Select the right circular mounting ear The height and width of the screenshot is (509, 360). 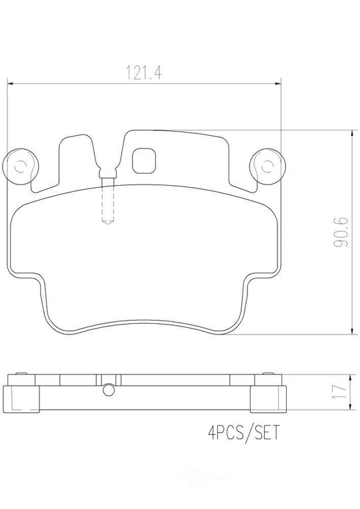[x=267, y=167]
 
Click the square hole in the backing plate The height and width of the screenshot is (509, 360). [x=145, y=160]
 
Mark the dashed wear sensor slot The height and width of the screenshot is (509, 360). [x=107, y=203]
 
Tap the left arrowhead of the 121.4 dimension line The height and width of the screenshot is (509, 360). [x=10, y=83]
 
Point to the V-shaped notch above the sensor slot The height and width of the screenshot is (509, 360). [x=107, y=171]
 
